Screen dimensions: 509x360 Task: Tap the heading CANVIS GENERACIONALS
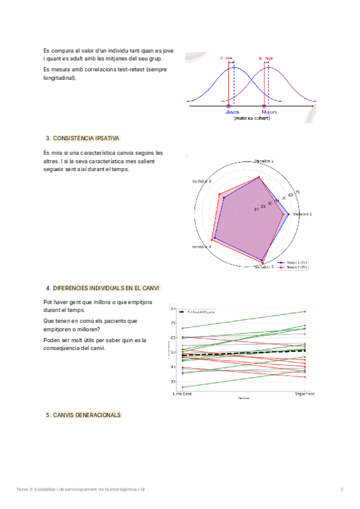[86, 415]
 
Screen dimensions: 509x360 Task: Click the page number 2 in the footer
[341, 490]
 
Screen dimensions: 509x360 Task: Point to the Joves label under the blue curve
[233, 112]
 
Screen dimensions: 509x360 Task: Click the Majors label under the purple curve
[268, 112]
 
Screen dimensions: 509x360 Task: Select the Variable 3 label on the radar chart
[202, 181]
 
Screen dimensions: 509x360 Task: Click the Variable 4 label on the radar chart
[202, 247]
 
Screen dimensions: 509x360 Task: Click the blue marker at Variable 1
[289, 214]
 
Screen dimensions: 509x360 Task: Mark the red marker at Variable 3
[220, 194]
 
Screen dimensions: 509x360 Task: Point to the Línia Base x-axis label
[182, 393]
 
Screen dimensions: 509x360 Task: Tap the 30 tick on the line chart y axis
[173, 381]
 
